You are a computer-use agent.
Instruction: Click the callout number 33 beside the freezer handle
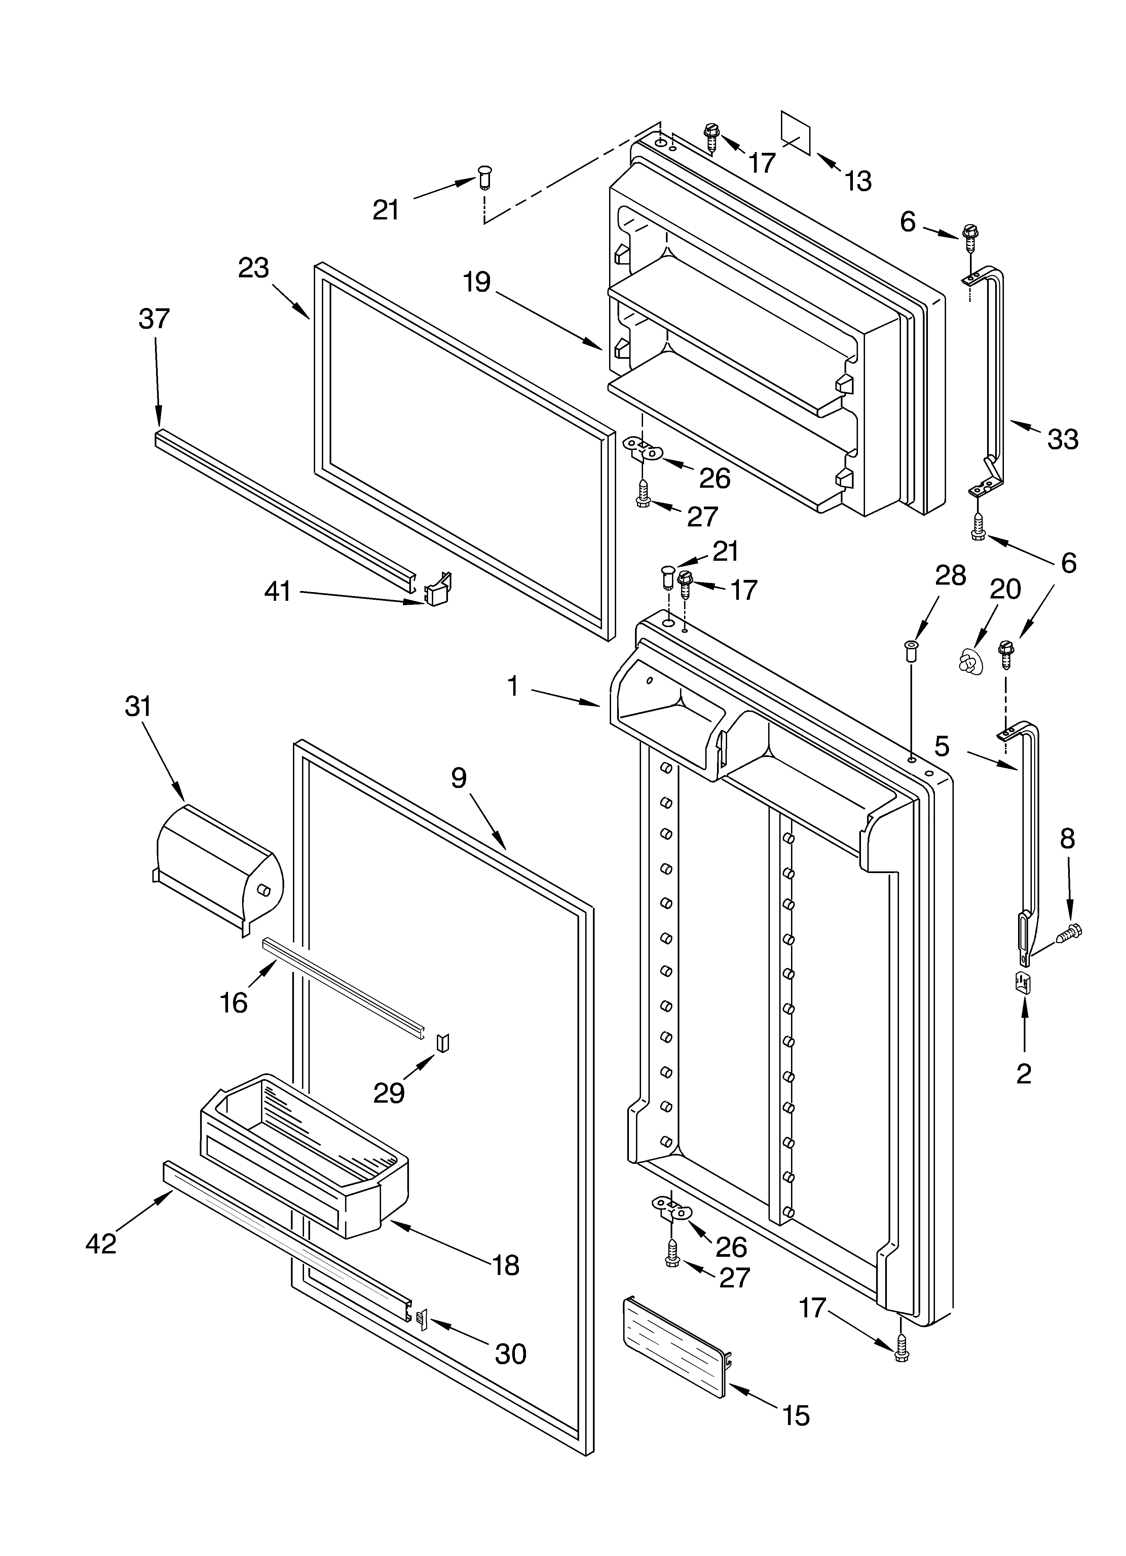pyautogui.click(x=1062, y=439)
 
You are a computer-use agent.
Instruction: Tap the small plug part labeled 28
pyautogui.click(x=911, y=649)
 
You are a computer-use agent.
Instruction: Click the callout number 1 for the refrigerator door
pyautogui.click(x=512, y=686)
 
